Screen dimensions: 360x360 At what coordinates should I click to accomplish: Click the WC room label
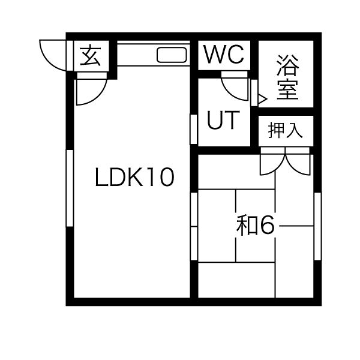click(x=224, y=55)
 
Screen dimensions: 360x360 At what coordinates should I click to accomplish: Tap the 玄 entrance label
click(x=91, y=56)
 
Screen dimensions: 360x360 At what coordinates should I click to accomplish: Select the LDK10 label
click(x=134, y=177)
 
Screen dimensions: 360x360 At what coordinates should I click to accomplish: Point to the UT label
click(x=223, y=120)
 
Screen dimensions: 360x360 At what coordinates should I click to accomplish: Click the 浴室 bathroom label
click(x=287, y=77)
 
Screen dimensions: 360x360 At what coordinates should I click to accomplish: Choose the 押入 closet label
click(x=285, y=131)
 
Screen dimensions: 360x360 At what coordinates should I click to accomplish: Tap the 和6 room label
click(x=256, y=226)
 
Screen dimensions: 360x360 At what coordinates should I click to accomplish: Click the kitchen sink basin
click(x=172, y=55)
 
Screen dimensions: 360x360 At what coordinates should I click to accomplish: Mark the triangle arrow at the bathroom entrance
click(x=263, y=99)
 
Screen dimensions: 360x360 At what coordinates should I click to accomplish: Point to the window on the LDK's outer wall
click(x=70, y=188)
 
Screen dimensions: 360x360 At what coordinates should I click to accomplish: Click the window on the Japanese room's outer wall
click(x=317, y=226)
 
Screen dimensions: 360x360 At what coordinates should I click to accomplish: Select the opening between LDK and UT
click(x=194, y=129)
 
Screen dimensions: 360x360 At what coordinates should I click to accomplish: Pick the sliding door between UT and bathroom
click(x=254, y=92)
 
